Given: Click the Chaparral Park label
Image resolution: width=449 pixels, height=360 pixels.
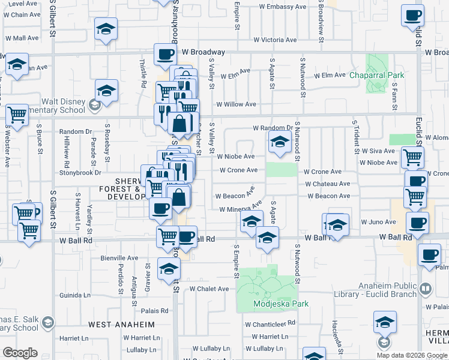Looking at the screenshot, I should [x=377, y=75].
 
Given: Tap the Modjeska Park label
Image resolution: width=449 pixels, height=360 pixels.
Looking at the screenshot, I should [x=281, y=304].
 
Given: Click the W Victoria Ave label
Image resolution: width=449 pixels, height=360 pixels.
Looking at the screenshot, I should [x=275, y=40].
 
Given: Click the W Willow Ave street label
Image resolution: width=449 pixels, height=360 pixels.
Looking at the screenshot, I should [x=236, y=104].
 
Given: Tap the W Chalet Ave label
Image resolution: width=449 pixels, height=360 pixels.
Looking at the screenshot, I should [x=209, y=289].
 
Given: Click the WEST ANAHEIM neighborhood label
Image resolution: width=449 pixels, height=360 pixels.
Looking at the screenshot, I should [x=121, y=325].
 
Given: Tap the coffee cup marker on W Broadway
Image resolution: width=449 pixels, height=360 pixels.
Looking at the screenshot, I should [x=165, y=55].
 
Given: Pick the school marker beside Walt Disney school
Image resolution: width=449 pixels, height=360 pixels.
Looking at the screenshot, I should [x=107, y=91].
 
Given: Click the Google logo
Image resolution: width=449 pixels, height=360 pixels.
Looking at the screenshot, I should [x=20, y=353].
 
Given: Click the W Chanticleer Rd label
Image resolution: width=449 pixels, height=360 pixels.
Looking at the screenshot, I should [x=270, y=324].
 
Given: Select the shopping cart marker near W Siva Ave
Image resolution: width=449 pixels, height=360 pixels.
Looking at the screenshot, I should [x=412, y=157].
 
